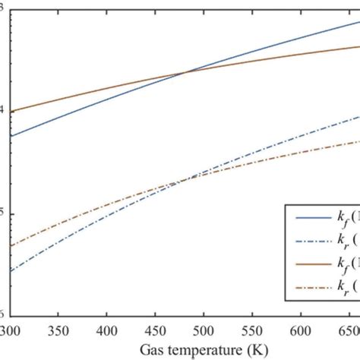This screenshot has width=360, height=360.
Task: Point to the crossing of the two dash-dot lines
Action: pyautogui.click(x=185, y=180)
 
